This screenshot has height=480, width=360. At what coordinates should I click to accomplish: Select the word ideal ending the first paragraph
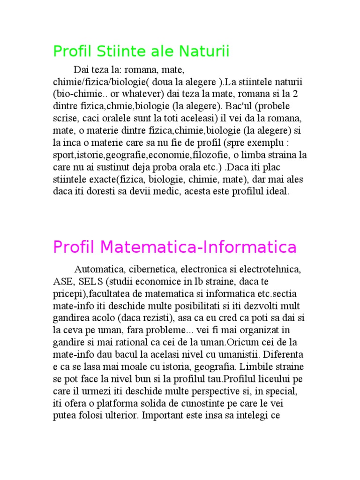279,191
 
